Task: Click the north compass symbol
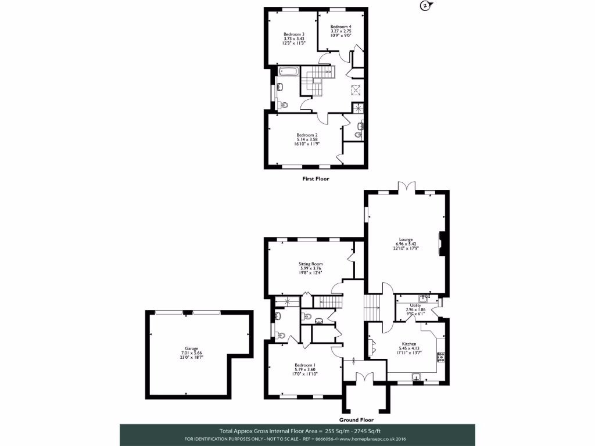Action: pyautogui.click(x=425, y=6)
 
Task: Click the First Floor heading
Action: pyautogui.click(x=316, y=179)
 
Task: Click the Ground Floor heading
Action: pyautogui.click(x=356, y=419)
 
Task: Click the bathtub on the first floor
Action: pyautogui.click(x=288, y=73)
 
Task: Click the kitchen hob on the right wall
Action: pyautogui.click(x=442, y=356)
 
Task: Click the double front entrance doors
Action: pyautogui.click(x=364, y=376)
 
